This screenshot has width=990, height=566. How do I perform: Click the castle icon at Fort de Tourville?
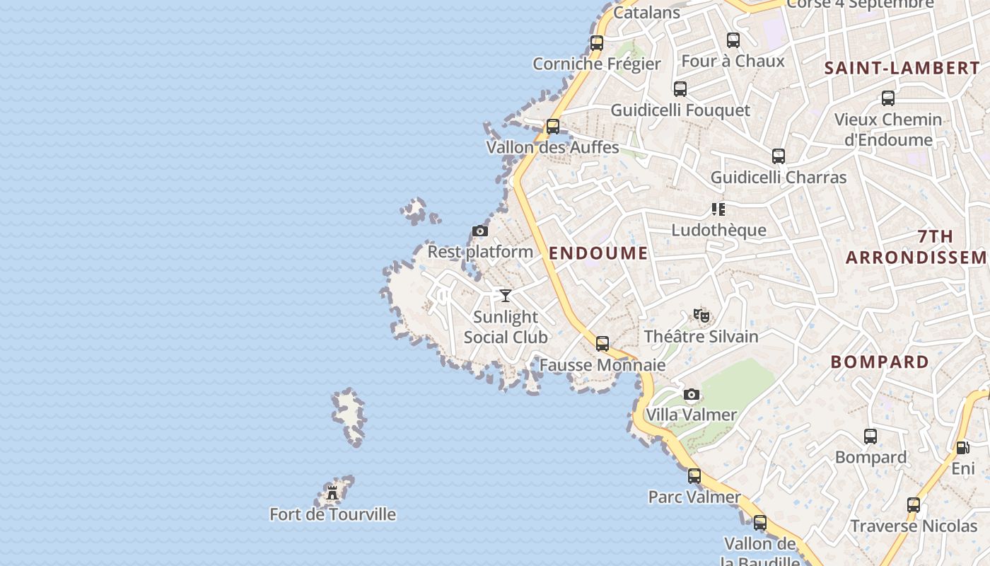[332, 492]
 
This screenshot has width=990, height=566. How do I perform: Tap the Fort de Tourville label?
[332, 514]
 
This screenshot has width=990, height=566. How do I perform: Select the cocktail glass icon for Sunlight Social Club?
[506, 295]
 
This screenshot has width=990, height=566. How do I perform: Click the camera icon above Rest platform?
[480, 231]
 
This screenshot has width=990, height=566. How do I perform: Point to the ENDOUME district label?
[598, 253]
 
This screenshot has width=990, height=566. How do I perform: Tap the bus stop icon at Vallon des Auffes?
[553, 127]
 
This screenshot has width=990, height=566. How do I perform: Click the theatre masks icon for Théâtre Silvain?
[701, 315]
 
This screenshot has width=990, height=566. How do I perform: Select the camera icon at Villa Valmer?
[692, 394]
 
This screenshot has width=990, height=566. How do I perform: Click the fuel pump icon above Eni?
[962, 447]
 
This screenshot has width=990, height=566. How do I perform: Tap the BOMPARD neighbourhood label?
[880, 362]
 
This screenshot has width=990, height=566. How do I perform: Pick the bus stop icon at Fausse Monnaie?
[602, 344]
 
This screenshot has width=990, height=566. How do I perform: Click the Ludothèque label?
[718, 230]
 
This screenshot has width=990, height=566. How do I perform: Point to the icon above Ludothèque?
[718, 209]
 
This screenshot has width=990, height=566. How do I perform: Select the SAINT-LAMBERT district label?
[902, 69]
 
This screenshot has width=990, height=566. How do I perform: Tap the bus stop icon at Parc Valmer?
[694, 475]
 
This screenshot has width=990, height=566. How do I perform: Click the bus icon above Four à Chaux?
[733, 40]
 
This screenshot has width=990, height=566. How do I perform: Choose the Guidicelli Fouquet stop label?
[680, 110]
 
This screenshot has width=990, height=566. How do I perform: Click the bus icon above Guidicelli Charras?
[779, 156]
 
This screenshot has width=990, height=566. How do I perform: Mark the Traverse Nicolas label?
[914, 526]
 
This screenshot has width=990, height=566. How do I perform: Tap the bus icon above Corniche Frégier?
[597, 43]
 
